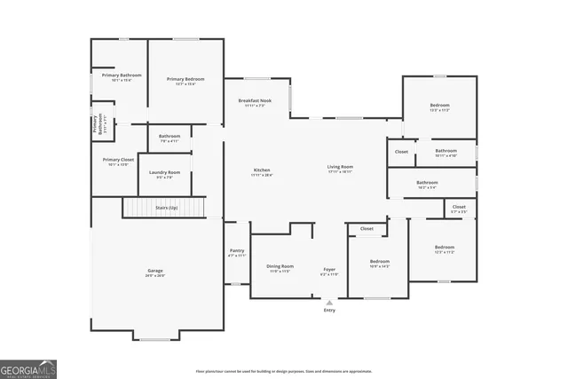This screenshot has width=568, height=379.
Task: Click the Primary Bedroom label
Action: (180, 79)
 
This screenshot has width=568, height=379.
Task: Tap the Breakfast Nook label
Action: (255, 102)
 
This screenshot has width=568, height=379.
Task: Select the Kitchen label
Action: (261, 170)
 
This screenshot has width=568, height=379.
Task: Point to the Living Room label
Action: (340, 167)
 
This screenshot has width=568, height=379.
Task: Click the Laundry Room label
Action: (164, 172)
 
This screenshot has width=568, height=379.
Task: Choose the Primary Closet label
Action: (118, 160)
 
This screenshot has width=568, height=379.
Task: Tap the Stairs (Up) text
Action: (166, 208)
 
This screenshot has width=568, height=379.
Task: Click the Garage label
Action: (155, 271)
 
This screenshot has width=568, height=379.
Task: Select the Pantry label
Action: (236, 251)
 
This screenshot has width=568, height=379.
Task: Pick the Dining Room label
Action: (280, 266)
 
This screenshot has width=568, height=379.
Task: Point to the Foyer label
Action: (328, 269)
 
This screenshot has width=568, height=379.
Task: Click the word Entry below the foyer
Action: (329, 310)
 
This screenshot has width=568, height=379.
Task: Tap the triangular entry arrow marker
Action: (329, 300)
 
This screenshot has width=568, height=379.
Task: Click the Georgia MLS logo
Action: (28, 367)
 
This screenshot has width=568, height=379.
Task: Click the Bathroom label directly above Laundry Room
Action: (170, 136)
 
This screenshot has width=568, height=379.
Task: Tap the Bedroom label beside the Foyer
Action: (380, 262)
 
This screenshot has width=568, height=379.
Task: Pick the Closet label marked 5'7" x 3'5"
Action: (459, 208)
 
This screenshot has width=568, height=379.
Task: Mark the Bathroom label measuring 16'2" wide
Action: (427, 183)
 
